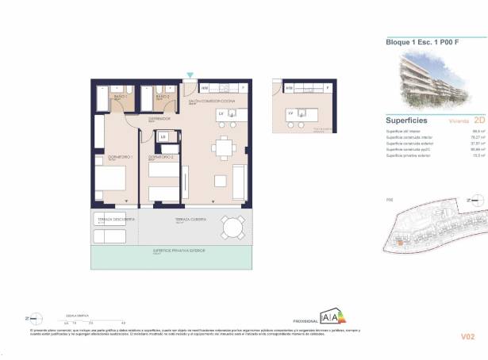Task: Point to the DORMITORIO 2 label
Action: [x=162, y=158]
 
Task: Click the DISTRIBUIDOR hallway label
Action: [x=159, y=118]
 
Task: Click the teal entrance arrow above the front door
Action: [x=190, y=76]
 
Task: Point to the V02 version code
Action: [x=467, y=337]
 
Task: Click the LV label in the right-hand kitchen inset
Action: [x=292, y=113]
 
